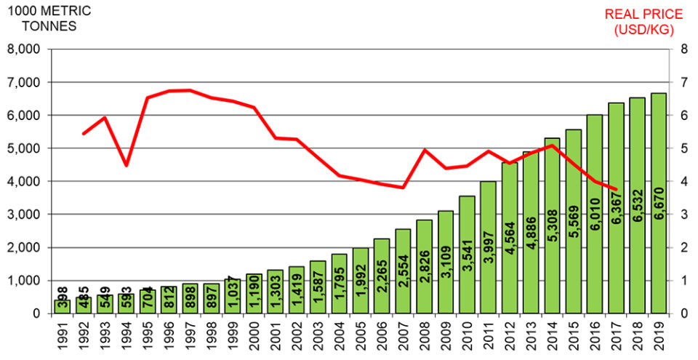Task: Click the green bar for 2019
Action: [658, 204]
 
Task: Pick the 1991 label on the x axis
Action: [62, 337]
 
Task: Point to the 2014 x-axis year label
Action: [552, 337]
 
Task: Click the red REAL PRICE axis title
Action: [643, 22]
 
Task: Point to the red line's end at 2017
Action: [616, 189]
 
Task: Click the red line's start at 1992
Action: [84, 134]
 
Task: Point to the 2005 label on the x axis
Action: [360, 337]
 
